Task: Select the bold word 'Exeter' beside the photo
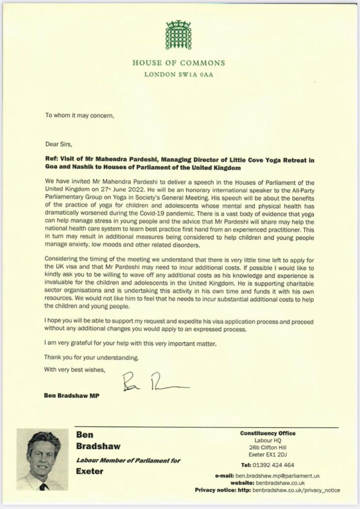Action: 90,471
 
